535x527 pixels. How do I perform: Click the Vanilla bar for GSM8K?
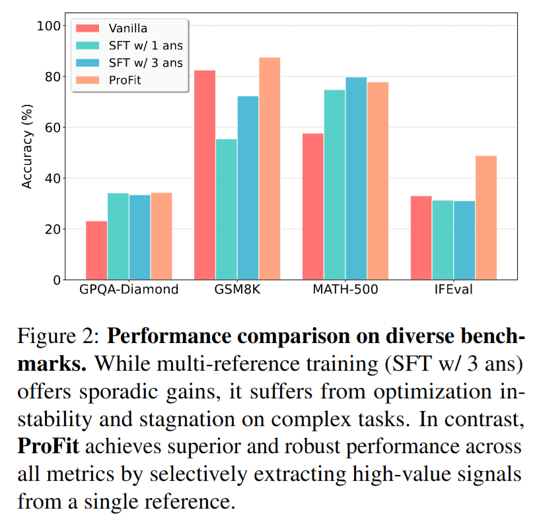[205, 175]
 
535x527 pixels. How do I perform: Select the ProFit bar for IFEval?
[485, 218]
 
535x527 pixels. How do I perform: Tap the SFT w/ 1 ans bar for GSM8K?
[226, 209]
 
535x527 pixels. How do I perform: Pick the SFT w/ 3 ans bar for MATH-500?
[356, 179]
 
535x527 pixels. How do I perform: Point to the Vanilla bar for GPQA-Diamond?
[96, 250]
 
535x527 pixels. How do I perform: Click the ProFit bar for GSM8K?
[269, 169]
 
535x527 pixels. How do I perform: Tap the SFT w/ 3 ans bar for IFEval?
[464, 240]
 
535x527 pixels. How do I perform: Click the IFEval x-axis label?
[453, 290]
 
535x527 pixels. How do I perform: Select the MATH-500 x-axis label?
[345, 290]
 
